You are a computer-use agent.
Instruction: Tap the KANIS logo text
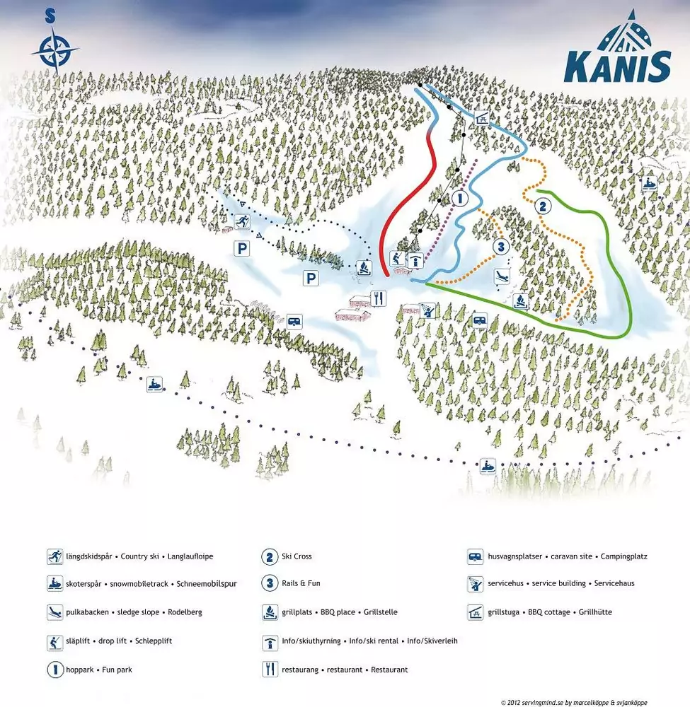tap(617, 68)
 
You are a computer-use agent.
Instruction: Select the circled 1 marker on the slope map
tap(459, 199)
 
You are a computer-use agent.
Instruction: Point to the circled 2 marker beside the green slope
tap(543, 207)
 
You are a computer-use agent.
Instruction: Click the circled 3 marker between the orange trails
tap(500, 247)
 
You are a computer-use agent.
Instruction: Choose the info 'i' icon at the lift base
tap(416, 261)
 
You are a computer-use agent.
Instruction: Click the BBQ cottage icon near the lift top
tap(481, 118)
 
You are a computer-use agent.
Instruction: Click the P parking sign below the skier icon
tap(243, 248)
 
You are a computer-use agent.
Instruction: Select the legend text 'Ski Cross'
tap(297, 556)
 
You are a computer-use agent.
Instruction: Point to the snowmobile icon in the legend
tap(55, 584)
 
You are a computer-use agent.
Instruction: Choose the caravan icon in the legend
tap(476, 556)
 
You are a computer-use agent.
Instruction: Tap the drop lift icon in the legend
tap(55, 641)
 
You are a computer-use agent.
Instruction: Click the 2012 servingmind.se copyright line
tap(573, 702)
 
